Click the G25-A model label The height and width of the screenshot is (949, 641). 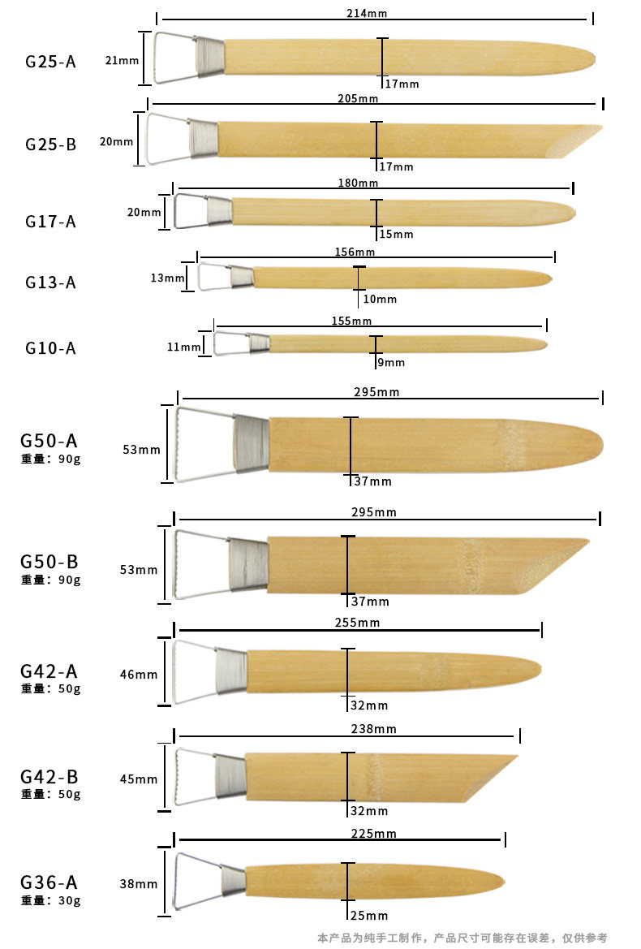(50, 62)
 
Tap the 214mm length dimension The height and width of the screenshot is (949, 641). (367, 13)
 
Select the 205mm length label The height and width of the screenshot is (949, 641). (358, 98)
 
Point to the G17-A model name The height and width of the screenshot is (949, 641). (50, 222)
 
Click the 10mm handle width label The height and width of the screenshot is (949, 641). (380, 299)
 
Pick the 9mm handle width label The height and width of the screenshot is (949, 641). (391, 363)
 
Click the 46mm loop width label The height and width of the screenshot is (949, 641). (139, 675)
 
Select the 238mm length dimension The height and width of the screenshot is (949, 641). (374, 729)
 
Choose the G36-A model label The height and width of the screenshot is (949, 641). (49, 882)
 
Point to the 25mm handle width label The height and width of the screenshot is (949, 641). (369, 916)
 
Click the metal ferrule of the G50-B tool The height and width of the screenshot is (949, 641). (248, 565)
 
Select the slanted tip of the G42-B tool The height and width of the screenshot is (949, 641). (491, 779)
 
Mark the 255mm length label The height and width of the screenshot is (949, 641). (357, 622)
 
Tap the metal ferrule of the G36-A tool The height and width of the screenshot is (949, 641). (234, 882)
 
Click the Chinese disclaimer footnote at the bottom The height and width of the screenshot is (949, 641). (462, 938)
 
